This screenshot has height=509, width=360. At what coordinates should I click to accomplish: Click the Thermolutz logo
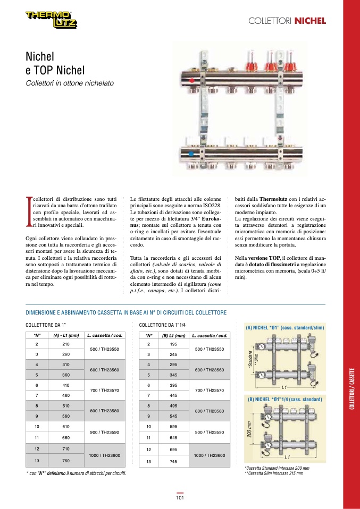[x=52, y=20]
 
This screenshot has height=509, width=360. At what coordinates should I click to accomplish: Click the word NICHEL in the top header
[x=310, y=21]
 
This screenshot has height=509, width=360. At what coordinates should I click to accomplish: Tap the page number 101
[x=180, y=498]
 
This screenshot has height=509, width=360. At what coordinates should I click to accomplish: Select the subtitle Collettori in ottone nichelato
[x=70, y=83]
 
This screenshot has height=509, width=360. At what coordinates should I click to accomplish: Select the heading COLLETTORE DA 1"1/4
[x=163, y=325]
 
